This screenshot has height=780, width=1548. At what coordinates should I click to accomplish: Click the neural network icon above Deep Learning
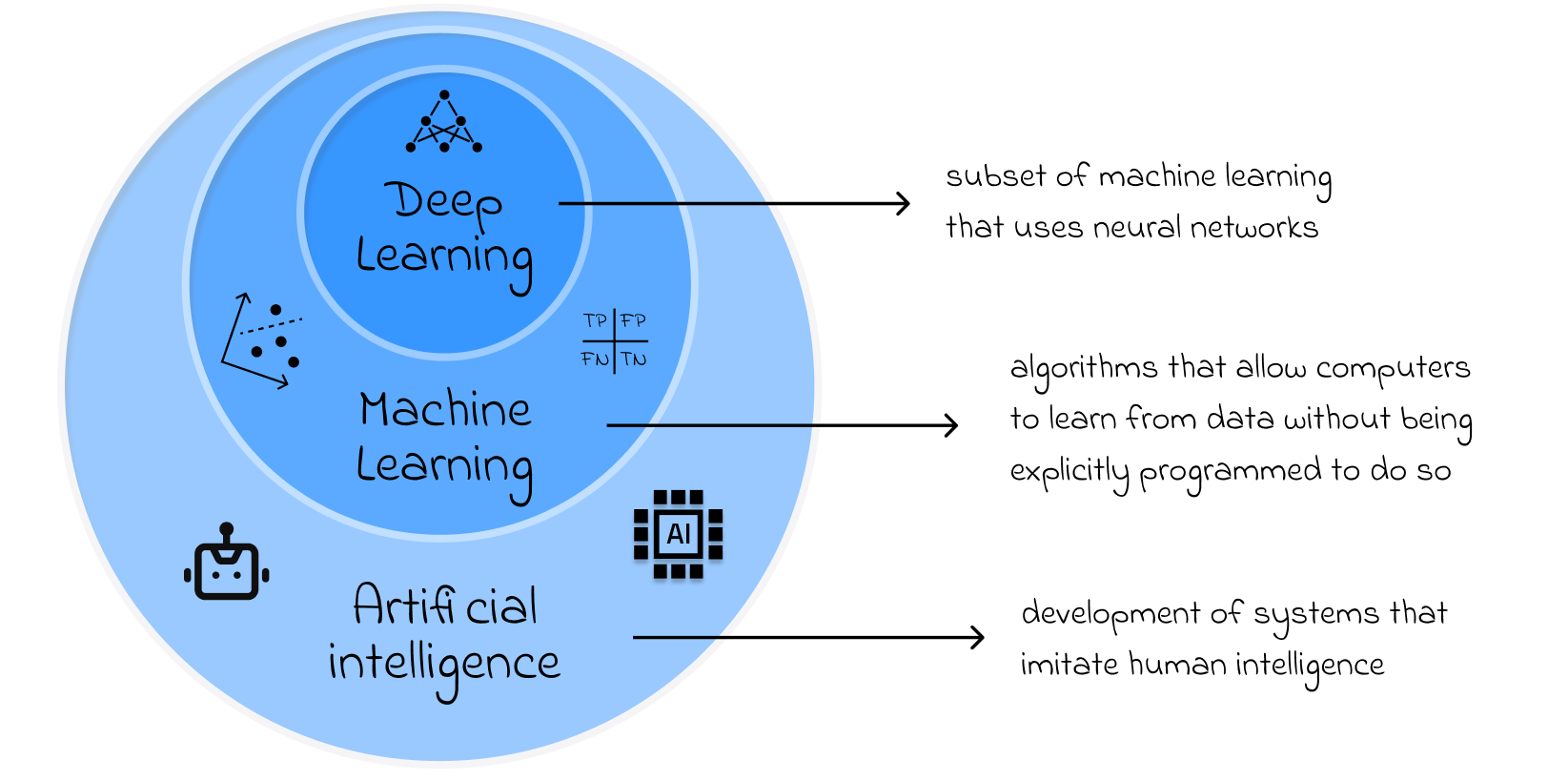[444, 123]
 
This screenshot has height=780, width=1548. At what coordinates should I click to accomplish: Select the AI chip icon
[679, 534]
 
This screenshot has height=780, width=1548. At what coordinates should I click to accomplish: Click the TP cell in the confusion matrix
[596, 321]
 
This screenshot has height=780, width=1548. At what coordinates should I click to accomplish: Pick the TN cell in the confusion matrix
[635, 359]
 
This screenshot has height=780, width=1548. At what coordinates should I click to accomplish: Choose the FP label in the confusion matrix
[634, 321]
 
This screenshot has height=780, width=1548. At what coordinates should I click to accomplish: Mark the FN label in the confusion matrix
[595, 359]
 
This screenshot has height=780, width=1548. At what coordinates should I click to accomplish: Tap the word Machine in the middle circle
[445, 411]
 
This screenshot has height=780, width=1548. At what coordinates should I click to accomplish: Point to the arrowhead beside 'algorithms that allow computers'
[951, 424]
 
